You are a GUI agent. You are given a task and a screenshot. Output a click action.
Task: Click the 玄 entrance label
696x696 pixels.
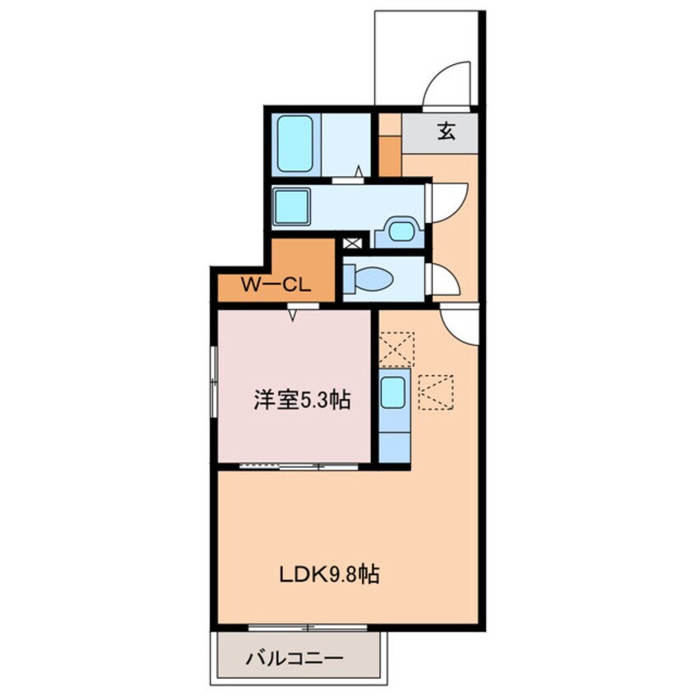click(x=447, y=132)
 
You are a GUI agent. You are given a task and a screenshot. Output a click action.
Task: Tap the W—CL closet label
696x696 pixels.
click(x=276, y=285)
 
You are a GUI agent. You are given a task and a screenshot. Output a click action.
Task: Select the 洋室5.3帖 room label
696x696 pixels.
click(x=302, y=400)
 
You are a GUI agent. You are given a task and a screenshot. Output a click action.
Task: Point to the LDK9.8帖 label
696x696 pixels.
click(x=329, y=575)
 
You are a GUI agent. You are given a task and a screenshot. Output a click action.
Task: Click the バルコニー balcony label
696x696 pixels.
click(x=295, y=658)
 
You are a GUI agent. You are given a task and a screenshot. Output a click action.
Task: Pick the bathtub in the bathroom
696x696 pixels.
click(x=295, y=144)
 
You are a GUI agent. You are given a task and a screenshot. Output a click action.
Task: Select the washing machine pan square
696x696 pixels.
click(x=291, y=206)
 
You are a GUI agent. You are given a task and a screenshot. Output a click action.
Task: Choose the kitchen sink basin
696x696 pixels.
click(x=393, y=392)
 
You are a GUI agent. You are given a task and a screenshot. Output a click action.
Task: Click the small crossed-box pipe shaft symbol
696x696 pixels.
click(x=353, y=244)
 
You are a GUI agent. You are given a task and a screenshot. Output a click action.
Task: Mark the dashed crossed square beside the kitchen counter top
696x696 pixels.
click(x=396, y=349)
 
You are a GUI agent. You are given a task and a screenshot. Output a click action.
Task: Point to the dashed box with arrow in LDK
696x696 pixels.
click(x=436, y=392)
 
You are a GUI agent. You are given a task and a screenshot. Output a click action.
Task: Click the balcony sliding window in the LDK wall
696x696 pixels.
click(x=308, y=627)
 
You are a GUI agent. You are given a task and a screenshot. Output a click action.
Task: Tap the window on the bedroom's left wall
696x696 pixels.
click(x=214, y=381)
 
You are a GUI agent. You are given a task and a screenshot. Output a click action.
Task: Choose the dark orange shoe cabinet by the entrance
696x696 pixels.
click(x=390, y=155)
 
